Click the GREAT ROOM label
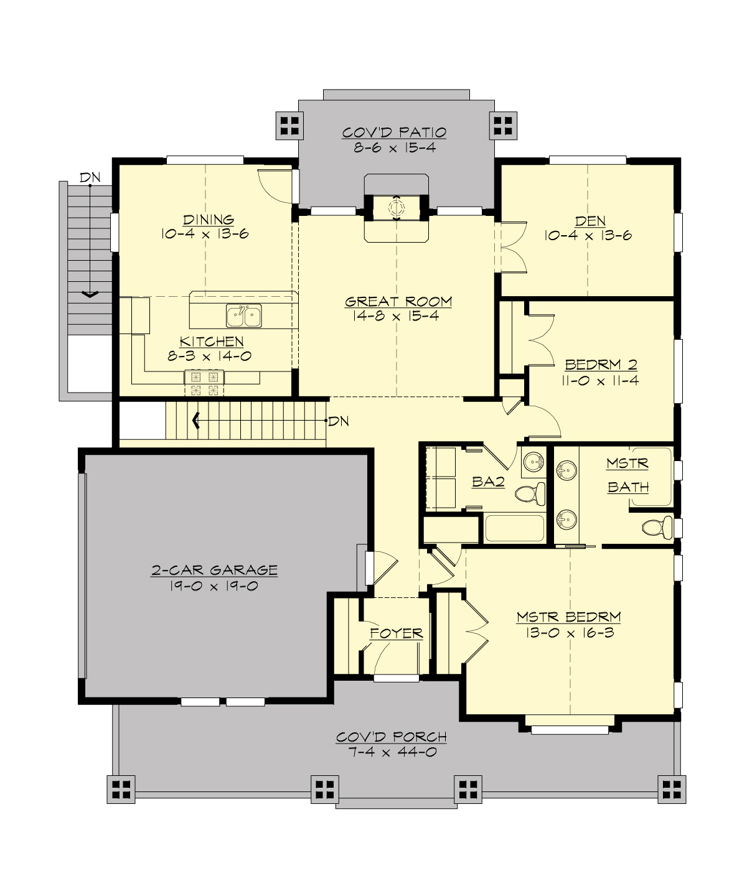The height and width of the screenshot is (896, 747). [x=398, y=302]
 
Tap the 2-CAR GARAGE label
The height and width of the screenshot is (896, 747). [x=214, y=570]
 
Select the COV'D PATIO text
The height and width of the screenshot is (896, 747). [x=395, y=133]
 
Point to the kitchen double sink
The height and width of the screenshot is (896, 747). [x=244, y=316]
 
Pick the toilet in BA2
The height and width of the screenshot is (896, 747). [x=529, y=493]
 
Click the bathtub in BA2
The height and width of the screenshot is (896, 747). [x=514, y=528]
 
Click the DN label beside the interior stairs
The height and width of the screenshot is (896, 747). [x=339, y=421]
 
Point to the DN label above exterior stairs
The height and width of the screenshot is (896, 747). [x=90, y=177]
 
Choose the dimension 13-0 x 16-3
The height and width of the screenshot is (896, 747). [x=569, y=633]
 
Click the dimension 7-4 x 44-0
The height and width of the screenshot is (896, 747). [x=392, y=752]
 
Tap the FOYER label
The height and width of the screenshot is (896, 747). [x=397, y=633]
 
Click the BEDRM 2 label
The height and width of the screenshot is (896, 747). [x=601, y=365]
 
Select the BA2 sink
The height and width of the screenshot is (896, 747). [x=533, y=462]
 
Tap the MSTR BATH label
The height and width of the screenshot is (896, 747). [x=627, y=475]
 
